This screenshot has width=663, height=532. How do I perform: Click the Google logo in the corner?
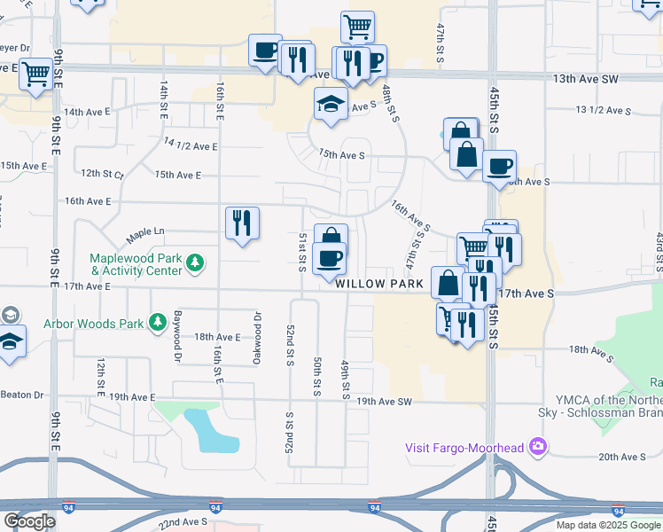tap(30, 521)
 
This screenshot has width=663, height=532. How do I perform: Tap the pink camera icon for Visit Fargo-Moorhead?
tap(536, 447)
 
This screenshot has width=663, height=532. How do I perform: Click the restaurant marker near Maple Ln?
tap(242, 223)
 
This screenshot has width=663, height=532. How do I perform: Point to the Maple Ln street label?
tap(145, 234)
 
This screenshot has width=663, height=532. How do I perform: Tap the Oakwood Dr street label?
tap(258, 327)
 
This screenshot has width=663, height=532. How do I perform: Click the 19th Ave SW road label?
tap(385, 402)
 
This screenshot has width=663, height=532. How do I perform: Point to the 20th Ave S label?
tap(621, 457)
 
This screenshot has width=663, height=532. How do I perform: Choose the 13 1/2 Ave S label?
tap(603, 111)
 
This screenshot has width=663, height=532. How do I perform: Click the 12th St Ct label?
tap(102, 174)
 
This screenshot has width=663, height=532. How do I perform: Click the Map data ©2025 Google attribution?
tap(607, 525)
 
